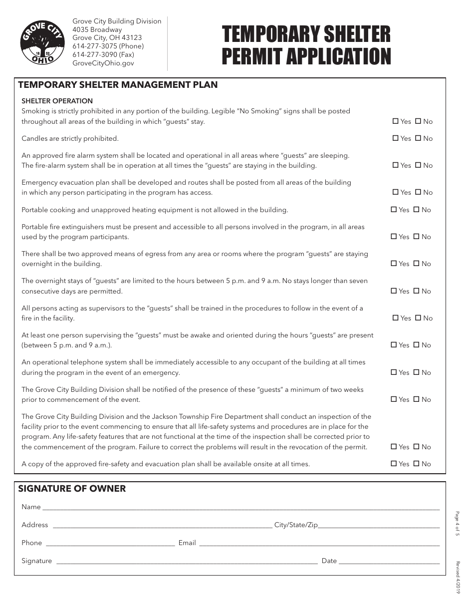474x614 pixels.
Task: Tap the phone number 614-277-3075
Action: coord(108,46)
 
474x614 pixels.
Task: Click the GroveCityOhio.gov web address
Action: coord(103,63)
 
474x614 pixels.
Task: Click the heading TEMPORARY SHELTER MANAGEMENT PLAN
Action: coord(118,85)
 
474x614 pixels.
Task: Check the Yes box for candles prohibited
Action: coord(396,138)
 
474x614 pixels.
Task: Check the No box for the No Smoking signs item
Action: coord(418,121)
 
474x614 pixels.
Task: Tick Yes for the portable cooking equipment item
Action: coord(394,210)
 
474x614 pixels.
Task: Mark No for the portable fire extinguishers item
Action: coord(416,237)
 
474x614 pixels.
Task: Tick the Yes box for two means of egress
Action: coord(394,264)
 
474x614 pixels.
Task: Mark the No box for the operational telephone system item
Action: coord(416,372)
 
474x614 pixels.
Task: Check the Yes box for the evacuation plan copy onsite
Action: coord(394,464)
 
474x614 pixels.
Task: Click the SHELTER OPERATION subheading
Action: coord(57,101)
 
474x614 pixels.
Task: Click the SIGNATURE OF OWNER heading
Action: coord(72,489)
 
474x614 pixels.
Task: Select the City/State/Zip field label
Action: coord(296,525)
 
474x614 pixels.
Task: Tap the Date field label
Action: coord(329,561)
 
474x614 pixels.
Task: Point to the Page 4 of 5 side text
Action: coord(457,523)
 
